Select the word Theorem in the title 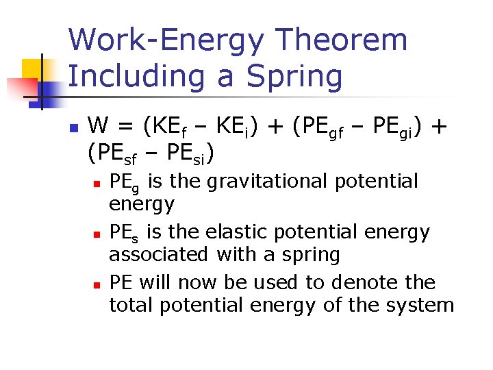click(346, 40)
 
